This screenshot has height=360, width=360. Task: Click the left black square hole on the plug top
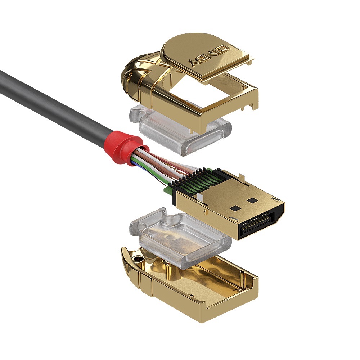tap(235, 208)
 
